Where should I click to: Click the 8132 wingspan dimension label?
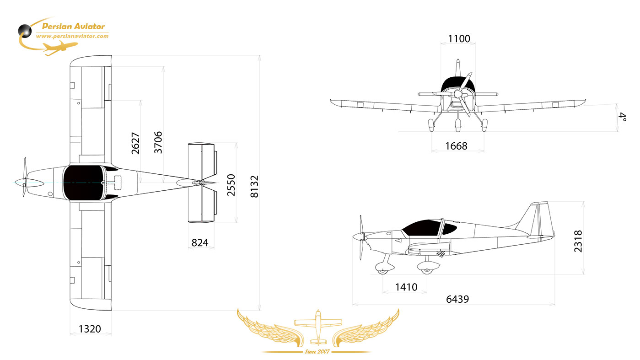coord(254,187)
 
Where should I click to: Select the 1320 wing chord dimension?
coord(90,329)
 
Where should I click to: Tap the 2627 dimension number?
coord(135,143)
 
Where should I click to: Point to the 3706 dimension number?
coord(158,142)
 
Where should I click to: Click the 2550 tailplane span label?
coord(231,185)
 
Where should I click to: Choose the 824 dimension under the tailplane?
coord(200,242)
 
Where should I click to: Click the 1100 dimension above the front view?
coord(459,38)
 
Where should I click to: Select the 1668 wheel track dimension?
coord(456,146)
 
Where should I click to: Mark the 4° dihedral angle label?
coord(623,117)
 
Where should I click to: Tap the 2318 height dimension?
coord(578,241)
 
